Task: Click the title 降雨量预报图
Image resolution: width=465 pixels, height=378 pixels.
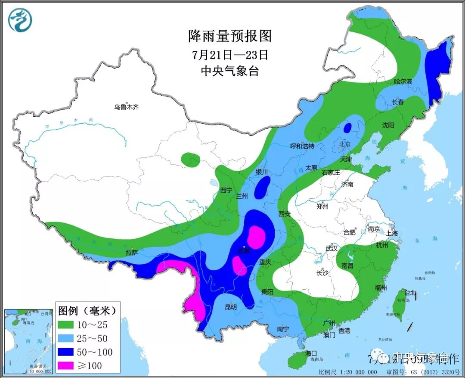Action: [230, 36]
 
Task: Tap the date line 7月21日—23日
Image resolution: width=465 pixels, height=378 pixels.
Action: [230, 55]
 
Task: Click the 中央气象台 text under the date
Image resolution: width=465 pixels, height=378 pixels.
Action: [230, 71]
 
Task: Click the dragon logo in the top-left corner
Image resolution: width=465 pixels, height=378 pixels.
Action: [20, 20]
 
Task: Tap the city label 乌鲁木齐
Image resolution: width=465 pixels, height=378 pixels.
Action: [127, 107]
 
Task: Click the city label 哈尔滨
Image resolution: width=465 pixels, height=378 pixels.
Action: [403, 81]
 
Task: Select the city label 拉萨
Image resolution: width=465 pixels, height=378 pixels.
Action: [132, 252]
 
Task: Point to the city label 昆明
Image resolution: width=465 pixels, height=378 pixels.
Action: [231, 307]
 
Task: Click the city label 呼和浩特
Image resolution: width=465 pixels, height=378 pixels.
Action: [303, 146]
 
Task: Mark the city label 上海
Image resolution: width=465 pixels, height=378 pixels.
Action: [392, 233]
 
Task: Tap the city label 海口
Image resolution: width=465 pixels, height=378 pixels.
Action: [311, 353]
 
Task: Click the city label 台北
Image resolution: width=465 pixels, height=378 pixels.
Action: [410, 293]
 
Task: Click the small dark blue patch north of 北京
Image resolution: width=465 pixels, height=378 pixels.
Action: [347, 127]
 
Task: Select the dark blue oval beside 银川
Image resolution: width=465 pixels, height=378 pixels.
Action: [262, 188]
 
